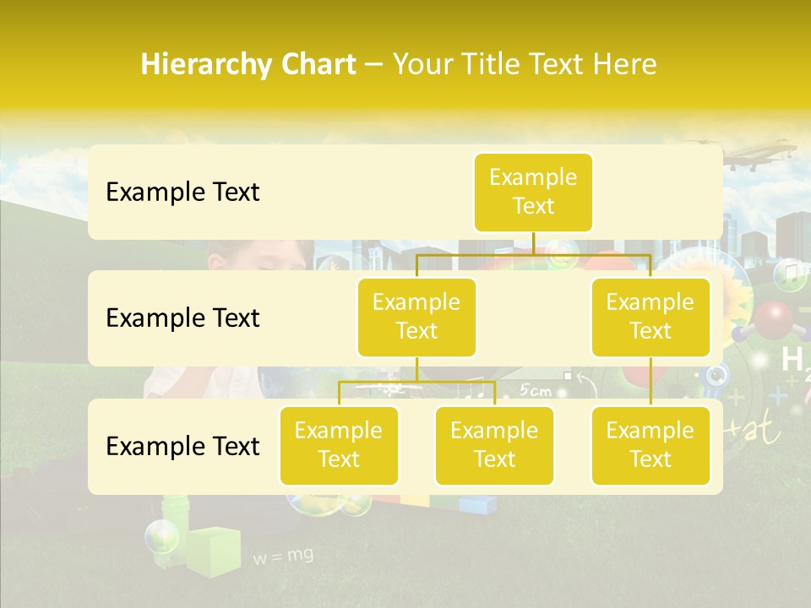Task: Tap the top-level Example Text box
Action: click(533, 192)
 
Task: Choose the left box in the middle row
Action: click(416, 317)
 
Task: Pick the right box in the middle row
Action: click(650, 317)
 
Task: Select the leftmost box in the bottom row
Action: click(339, 445)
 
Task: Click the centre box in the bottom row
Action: click(494, 445)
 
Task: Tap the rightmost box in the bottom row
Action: click(650, 445)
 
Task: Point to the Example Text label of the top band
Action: click(182, 192)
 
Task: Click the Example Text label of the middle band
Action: click(182, 318)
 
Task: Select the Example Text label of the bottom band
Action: click(182, 446)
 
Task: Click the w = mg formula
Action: click(283, 556)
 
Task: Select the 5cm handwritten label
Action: click(536, 390)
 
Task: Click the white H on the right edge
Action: click(792, 359)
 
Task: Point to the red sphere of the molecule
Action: click(773, 320)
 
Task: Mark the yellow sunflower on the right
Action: click(732, 301)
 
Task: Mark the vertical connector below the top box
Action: click(533, 242)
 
